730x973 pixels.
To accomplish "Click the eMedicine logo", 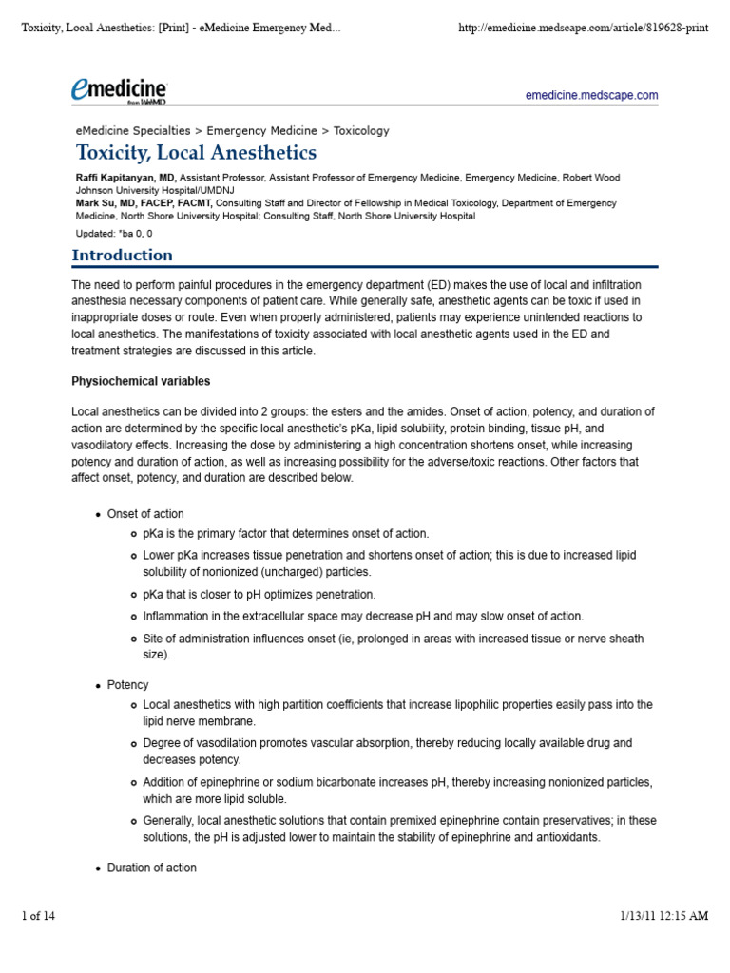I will (119, 90).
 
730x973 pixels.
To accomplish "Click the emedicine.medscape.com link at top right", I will (591, 96).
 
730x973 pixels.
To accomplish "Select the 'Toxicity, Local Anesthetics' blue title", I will (196, 153).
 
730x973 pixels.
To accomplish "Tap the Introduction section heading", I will (123, 255).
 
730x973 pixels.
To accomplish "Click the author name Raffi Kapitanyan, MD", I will (125, 178).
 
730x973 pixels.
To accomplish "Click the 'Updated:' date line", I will (114, 233).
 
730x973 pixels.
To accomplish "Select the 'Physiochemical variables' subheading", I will (141, 382).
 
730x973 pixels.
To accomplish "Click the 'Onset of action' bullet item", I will (145, 514).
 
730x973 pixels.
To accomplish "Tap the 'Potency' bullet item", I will (127, 684).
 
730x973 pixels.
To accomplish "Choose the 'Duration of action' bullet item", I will (152, 868).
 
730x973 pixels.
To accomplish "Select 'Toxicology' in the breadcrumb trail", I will (362, 130).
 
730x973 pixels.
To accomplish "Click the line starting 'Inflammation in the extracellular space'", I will (363, 616).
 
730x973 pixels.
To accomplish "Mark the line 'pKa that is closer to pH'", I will (259, 594).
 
